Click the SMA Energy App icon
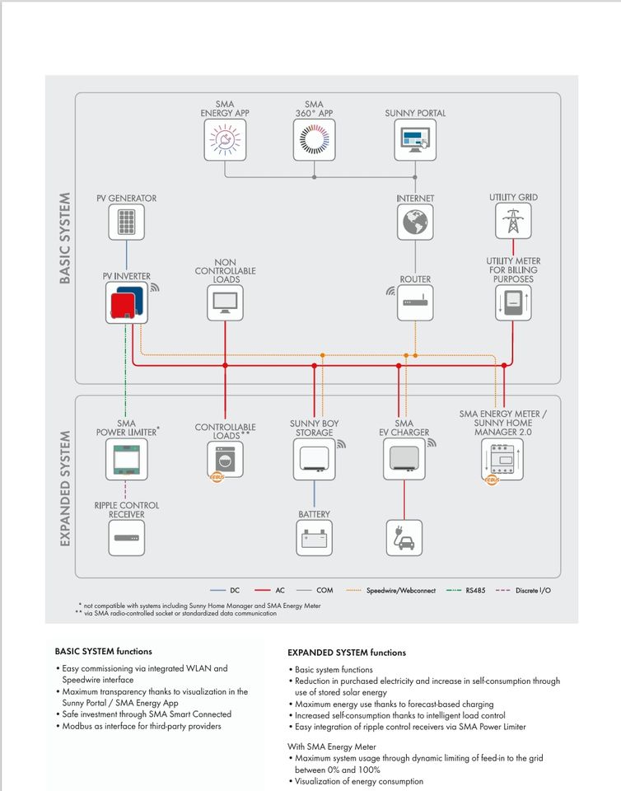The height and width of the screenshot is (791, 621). pos(225,140)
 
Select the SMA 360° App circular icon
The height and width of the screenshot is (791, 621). pos(314,140)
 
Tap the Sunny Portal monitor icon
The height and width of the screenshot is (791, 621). pos(415,140)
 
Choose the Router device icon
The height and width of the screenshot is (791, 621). pos(415,303)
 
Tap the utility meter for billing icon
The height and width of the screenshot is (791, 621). pos(513,303)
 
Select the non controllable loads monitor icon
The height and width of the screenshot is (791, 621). pos(225,303)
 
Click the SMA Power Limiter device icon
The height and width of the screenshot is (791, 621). pos(126,459)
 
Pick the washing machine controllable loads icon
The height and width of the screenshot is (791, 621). pos(225,459)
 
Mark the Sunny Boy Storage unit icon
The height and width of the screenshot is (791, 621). pos(314,459)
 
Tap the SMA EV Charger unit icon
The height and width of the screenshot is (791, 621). pos(404,459)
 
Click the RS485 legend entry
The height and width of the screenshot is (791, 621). pos(465,591)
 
